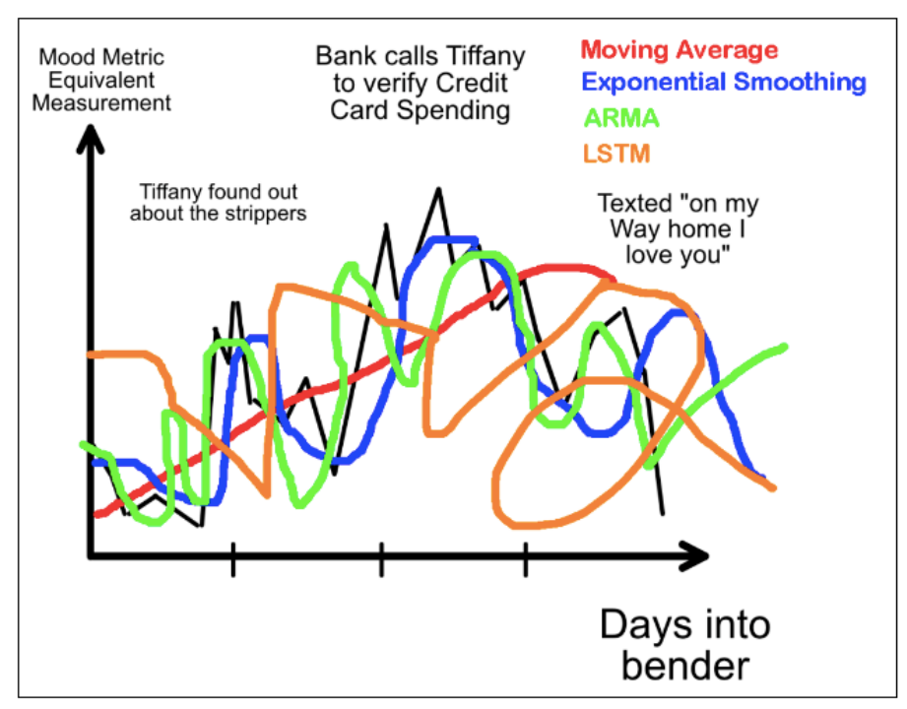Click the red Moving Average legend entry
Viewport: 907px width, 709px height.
(680, 50)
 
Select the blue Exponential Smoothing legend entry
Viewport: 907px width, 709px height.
(724, 82)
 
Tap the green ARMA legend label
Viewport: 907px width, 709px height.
(621, 118)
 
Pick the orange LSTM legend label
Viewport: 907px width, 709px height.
(616, 154)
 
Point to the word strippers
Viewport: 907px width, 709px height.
(266, 214)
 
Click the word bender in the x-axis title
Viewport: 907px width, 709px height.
(685, 666)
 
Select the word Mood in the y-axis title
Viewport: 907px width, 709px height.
(62, 57)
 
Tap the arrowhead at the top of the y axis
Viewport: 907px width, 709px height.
(91, 138)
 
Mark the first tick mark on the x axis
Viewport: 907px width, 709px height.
(233, 559)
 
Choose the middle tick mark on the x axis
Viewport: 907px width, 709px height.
(381, 559)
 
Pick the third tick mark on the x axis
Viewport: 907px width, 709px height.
(525, 559)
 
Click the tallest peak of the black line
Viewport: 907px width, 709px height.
(438, 189)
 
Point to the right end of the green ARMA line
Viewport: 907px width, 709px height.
(784, 347)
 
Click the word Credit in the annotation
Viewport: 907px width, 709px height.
(472, 84)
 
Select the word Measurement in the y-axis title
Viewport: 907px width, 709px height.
(101, 103)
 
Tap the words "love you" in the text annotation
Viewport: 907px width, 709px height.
(678, 255)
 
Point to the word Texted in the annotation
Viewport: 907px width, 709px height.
(634, 204)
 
